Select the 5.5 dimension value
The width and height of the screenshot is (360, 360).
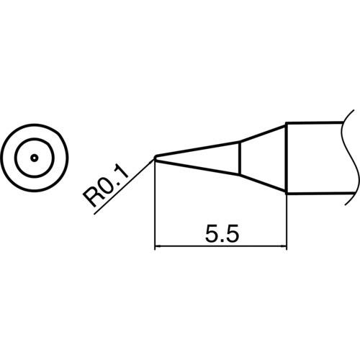pos(222,234)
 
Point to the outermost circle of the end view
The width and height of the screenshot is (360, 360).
pos(34,130)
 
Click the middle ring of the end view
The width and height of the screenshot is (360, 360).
pos(34,141)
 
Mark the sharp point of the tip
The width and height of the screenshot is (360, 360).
pos(156,158)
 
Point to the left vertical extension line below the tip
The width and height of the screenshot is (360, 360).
pos(156,209)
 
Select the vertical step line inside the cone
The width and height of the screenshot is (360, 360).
pos(240,158)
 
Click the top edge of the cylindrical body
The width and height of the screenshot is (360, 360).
pos(317,123)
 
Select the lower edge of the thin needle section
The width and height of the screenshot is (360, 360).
pos(198,166)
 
